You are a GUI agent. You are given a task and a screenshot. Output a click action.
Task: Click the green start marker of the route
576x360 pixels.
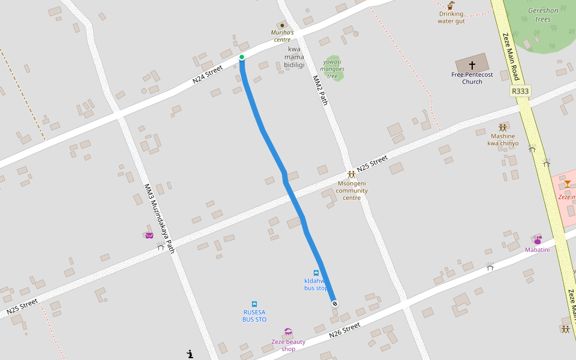click(242, 57)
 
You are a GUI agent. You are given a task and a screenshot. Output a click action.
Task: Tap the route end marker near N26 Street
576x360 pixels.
click(334, 304)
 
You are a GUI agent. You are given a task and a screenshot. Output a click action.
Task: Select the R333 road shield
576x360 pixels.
click(520, 91)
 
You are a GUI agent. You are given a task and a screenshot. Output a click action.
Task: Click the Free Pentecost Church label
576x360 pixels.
click(472, 78)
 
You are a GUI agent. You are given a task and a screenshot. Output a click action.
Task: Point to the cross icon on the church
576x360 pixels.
click(472, 65)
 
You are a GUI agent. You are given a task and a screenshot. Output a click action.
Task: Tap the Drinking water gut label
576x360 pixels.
click(451, 17)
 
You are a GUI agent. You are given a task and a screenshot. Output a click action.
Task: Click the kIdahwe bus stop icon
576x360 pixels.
click(316, 273)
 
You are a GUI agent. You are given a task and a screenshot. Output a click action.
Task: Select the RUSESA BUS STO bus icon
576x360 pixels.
click(254, 304)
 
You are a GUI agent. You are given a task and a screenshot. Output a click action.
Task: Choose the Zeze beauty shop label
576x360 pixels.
click(289, 345)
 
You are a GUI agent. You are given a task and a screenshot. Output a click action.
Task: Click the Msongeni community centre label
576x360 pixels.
click(352, 190)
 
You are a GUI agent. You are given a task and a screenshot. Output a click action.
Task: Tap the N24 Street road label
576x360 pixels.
click(208, 75)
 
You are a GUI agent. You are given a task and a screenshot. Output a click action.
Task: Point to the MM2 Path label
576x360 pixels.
click(320, 90)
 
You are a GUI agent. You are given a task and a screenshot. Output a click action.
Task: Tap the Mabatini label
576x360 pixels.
click(537, 250)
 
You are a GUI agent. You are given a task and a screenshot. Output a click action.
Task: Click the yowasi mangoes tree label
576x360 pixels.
click(332, 68)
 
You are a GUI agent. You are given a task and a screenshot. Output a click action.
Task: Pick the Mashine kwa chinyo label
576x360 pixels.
click(503, 140)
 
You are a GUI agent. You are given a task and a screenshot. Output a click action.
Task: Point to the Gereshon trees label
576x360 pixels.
click(543, 15)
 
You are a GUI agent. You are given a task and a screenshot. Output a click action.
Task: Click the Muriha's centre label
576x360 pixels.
click(282, 36)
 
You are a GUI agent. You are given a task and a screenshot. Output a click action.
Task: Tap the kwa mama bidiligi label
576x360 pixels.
click(294, 57)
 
